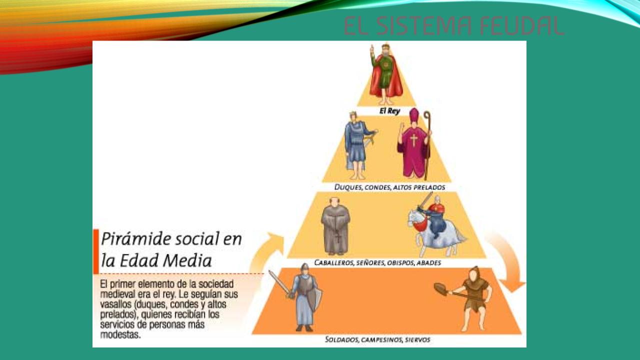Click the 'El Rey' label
389,111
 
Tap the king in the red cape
385,75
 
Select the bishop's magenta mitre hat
414,115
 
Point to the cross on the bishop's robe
413,140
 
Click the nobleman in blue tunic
357,145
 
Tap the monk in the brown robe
335,226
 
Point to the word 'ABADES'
428,262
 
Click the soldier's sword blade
278,282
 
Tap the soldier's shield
314,299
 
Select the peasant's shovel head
441,289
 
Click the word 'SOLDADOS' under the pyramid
341,339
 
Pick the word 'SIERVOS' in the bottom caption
417,339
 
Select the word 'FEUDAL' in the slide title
521,26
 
